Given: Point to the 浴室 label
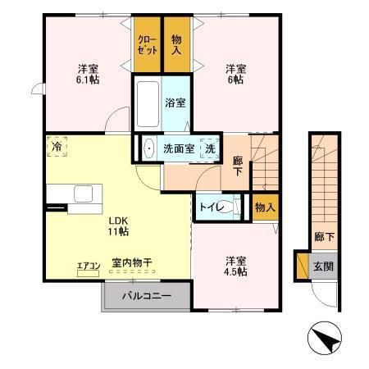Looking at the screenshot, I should coord(175,104).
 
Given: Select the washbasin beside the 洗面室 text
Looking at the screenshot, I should coord(148,149).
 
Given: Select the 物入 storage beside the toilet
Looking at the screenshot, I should coord(264,207).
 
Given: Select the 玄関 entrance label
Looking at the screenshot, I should coord(322,266).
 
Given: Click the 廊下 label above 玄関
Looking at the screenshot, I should coord(323,238).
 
